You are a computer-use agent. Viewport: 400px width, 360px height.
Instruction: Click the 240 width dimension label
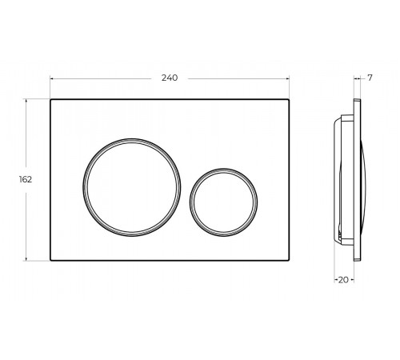coord(170,78)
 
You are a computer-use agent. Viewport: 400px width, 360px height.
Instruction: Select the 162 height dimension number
coord(26,179)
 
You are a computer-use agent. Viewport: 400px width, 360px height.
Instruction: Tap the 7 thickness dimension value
coord(370,78)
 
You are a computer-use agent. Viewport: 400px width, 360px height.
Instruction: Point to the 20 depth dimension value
coord(343,280)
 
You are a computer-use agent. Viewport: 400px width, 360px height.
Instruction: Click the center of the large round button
coord(132,187)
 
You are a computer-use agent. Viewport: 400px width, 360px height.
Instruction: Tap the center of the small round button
coord(224,202)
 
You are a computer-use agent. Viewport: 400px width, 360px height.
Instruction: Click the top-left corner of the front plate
coord(50,99)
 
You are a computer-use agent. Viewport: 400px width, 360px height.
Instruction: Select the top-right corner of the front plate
coord(289,99)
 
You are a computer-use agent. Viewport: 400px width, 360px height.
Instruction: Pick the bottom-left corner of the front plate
coord(50,261)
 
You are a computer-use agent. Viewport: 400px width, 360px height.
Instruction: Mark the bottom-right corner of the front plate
coord(289,261)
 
